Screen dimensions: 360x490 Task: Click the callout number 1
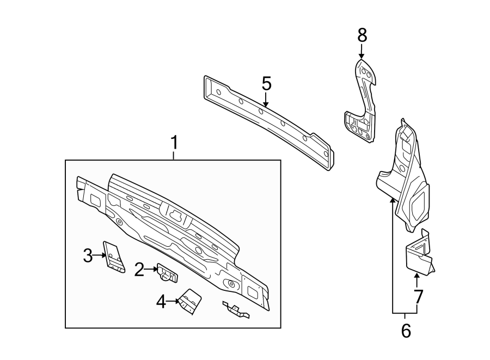click(x=174, y=144)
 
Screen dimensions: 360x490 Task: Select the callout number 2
click(x=139, y=269)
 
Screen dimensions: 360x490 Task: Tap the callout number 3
click(x=88, y=255)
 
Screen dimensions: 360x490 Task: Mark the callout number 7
click(x=418, y=297)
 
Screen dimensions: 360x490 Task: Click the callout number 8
click(x=362, y=35)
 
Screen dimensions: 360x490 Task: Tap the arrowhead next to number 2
click(x=154, y=269)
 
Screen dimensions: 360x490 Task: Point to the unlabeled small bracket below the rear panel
click(x=235, y=310)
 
